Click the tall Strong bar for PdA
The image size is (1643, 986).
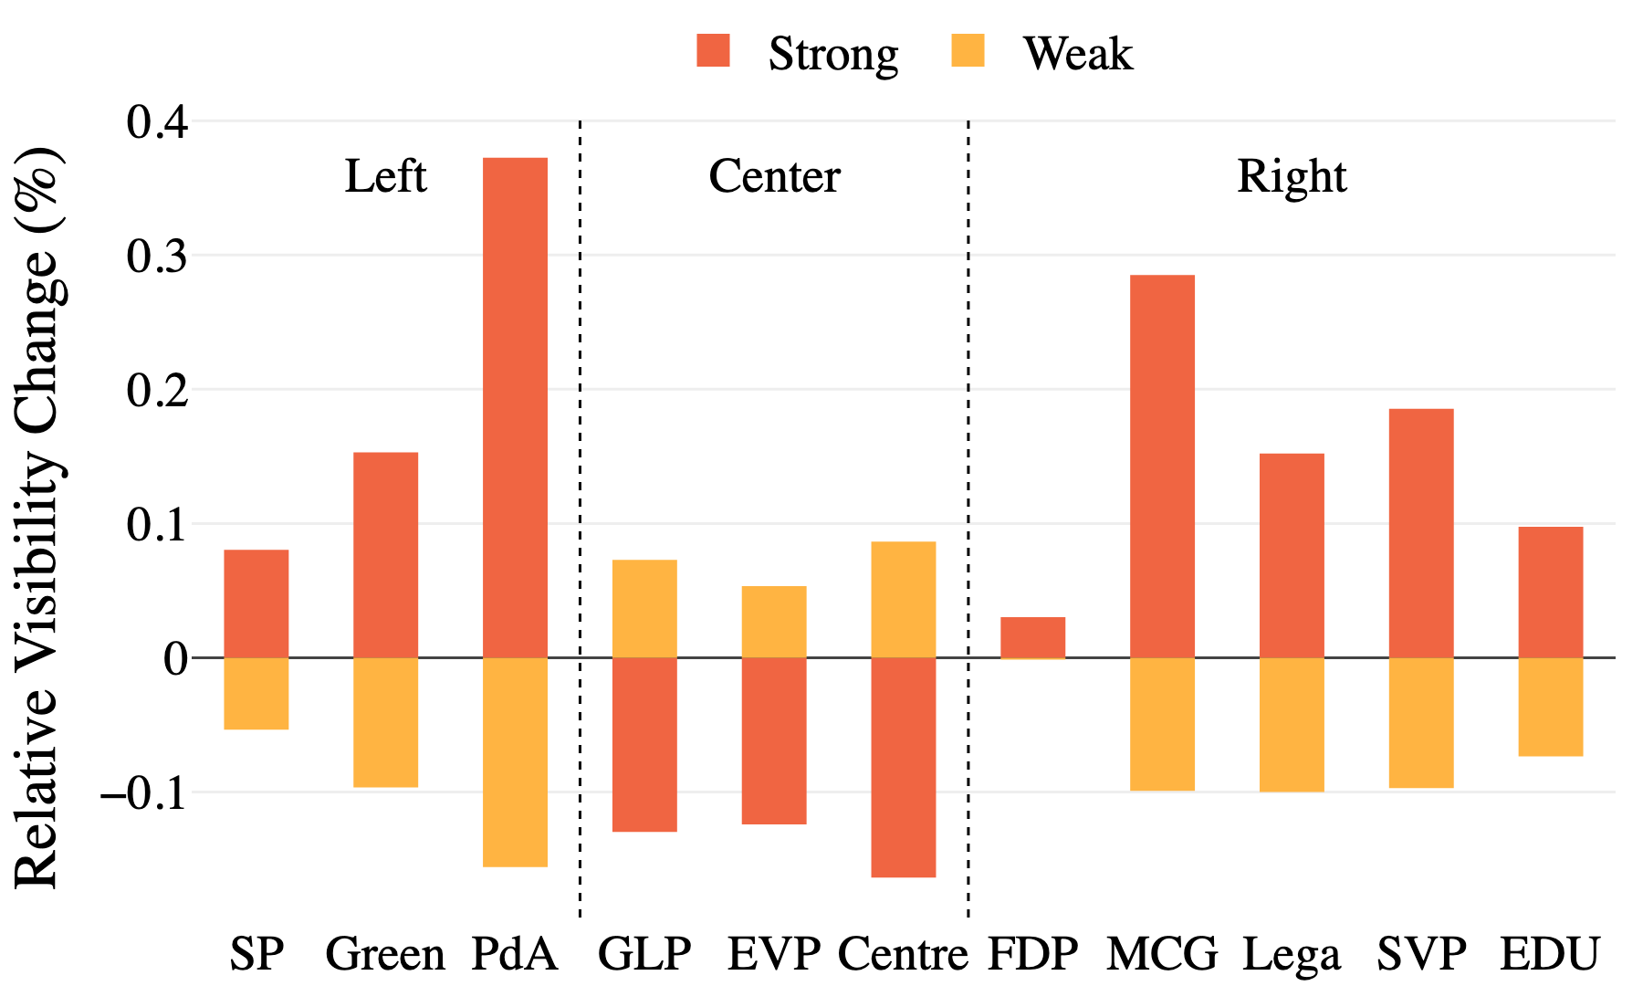click(x=515, y=407)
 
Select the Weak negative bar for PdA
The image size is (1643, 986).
click(x=515, y=761)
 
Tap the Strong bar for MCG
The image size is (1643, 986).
click(x=1162, y=466)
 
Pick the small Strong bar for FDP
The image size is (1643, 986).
click(x=1032, y=637)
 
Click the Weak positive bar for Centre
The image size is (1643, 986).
click(x=903, y=599)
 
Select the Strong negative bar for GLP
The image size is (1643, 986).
click(x=644, y=744)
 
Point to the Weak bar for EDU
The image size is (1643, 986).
click(x=1550, y=706)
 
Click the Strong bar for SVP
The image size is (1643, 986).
click(x=1421, y=532)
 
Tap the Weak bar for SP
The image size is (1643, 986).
click(x=256, y=693)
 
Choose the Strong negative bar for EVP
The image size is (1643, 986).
click(x=774, y=740)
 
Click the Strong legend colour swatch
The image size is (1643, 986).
click(x=713, y=51)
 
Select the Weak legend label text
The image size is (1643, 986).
click(x=1078, y=54)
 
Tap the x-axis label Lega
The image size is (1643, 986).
click(x=1292, y=955)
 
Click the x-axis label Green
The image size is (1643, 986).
click(x=385, y=955)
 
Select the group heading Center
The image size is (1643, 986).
click(x=774, y=176)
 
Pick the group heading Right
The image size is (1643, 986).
click(x=1292, y=176)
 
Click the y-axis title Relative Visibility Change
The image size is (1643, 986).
click(x=38, y=516)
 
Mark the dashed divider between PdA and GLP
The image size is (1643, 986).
click(x=580, y=511)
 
